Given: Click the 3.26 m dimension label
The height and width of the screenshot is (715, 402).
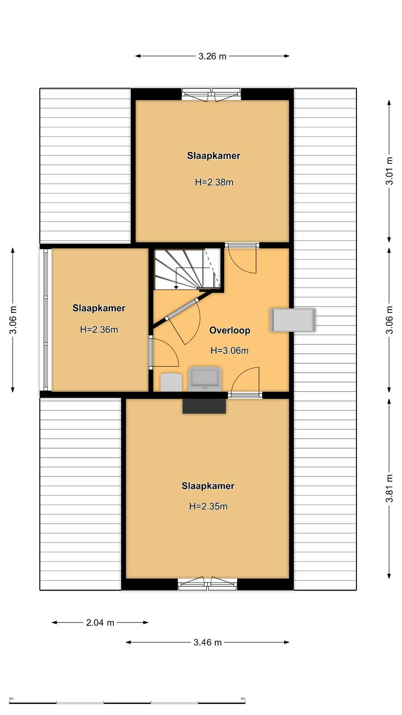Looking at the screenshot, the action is (212, 56).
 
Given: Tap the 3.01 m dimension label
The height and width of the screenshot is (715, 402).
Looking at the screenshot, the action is (389, 171).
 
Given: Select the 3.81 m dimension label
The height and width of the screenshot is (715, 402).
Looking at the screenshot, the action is (389, 488).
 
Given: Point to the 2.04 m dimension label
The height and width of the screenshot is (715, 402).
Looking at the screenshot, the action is (100, 622).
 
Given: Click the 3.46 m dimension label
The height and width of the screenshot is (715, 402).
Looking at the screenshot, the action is (207, 642).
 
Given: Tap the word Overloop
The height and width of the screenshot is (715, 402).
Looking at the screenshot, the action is (230, 330).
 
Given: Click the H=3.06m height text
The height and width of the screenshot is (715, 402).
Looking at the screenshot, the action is (230, 350).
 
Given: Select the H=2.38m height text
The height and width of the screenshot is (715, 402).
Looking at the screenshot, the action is (214, 182).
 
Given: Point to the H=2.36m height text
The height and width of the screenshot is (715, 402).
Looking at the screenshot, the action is (99, 329).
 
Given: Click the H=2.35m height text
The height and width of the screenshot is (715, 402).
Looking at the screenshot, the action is (208, 506).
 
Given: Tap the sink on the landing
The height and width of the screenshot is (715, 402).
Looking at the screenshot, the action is (205, 379).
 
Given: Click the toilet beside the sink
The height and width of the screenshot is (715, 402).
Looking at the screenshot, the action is (172, 382).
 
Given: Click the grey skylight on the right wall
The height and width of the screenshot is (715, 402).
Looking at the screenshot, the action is (293, 320).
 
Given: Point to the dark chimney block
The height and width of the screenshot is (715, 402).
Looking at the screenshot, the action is (204, 406).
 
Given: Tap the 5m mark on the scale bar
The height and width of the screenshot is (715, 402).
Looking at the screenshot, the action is (243, 699).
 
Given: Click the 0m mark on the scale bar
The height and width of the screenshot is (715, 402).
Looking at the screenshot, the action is (12, 699).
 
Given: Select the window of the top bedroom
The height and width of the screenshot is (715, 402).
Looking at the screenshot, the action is (211, 95).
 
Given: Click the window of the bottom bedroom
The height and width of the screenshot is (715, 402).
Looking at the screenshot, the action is (207, 584).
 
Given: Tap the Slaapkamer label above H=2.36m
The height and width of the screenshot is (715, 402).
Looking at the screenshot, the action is (99, 308).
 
